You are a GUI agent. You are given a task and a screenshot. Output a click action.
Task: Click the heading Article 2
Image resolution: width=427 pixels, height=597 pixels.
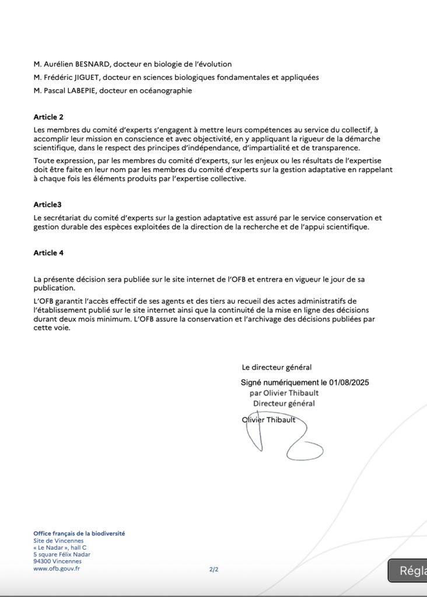pyautogui.click(x=48, y=117)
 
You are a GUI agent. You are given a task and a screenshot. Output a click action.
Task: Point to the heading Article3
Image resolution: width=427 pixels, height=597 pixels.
pyautogui.click(x=47, y=205)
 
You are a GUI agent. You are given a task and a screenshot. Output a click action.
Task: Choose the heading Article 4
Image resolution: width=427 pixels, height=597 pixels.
pyautogui.click(x=48, y=253)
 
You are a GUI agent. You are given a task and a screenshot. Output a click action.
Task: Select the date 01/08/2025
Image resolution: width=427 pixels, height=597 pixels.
pyautogui.click(x=349, y=383)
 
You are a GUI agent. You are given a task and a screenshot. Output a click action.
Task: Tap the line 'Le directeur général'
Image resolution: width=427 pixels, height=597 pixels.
pyautogui.click(x=276, y=367)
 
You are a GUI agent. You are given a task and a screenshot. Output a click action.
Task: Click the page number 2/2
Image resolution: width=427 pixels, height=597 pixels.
pyautogui.click(x=213, y=569)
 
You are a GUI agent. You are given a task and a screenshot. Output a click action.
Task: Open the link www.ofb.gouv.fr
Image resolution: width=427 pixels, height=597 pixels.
pyautogui.click(x=57, y=568)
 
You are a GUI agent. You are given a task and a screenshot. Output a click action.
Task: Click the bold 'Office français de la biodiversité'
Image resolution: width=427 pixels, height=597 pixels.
pyautogui.click(x=79, y=533)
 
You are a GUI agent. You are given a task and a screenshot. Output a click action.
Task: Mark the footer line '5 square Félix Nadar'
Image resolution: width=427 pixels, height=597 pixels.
pyautogui.click(x=62, y=554)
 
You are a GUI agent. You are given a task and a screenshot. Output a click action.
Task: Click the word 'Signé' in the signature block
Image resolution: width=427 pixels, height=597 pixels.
pyautogui.click(x=253, y=383)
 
